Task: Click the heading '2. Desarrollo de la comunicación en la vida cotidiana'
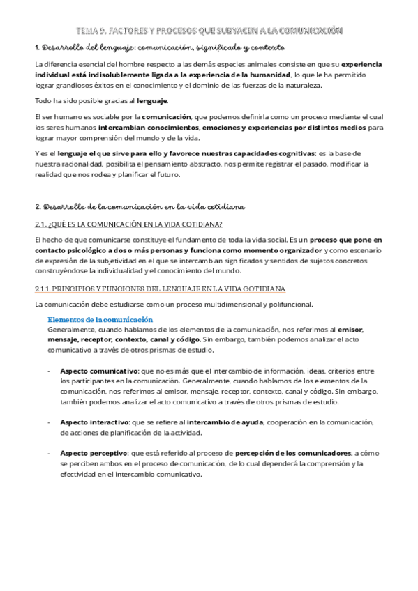pyautogui.click(x=139, y=207)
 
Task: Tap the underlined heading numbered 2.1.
pyautogui.click(x=128, y=224)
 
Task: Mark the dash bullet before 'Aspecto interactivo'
pyautogui.click(x=49, y=422)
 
